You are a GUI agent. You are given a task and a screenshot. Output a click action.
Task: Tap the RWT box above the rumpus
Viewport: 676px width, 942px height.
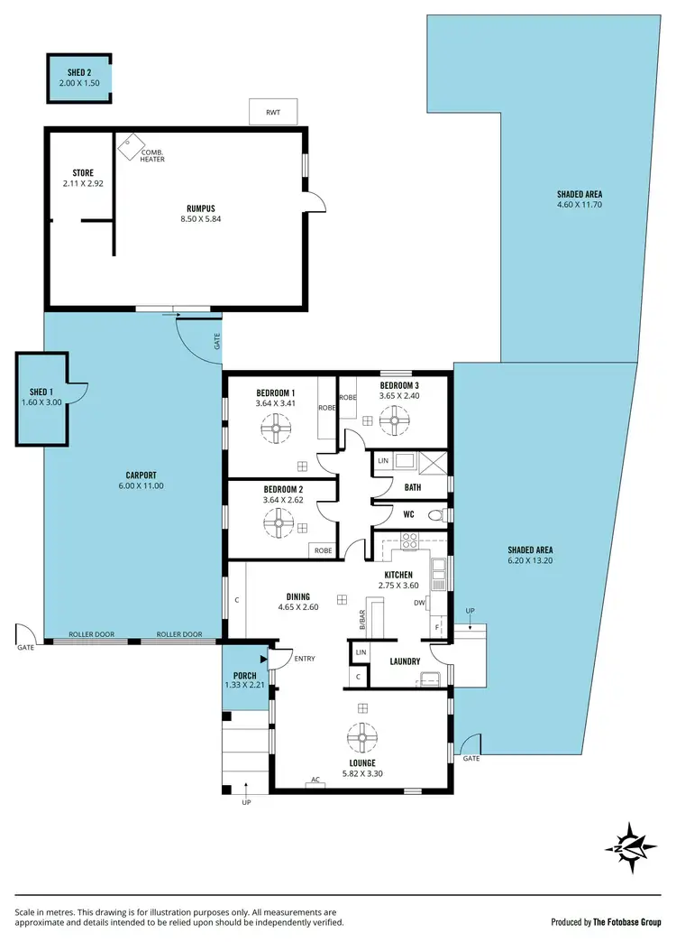click(x=272, y=113)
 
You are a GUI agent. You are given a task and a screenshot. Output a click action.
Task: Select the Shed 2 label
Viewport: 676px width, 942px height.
click(x=78, y=72)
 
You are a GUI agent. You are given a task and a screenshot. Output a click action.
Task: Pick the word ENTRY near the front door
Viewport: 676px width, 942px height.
click(x=305, y=659)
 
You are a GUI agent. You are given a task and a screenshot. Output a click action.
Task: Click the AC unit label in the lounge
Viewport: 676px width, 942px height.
click(x=315, y=780)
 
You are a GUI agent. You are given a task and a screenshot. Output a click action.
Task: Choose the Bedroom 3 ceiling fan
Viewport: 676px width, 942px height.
click(x=393, y=420)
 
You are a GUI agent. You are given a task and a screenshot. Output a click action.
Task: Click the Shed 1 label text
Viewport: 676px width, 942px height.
click(x=41, y=392)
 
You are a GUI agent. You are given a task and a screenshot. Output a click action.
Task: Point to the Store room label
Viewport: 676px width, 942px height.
click(x=83, y=172)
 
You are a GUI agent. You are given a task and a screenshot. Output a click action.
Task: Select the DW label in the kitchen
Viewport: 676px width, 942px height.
click(x=419, y=603)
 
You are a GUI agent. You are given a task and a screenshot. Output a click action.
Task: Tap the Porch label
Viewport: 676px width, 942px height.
click(x=244, y=676)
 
